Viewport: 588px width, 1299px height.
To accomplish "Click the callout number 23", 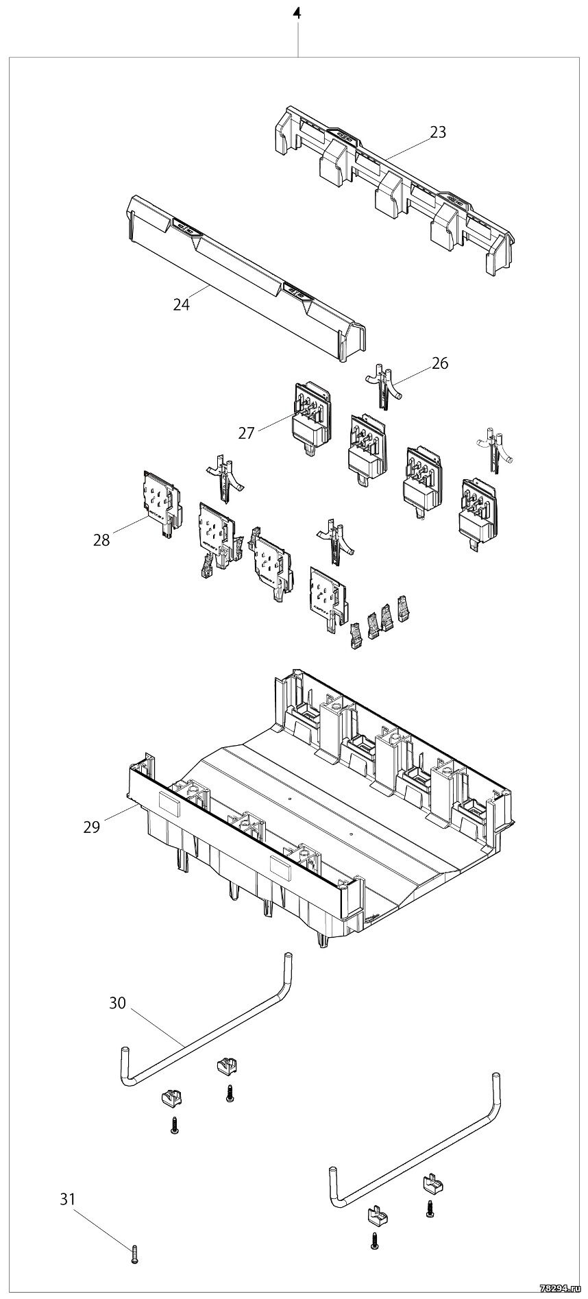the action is coord(438,132).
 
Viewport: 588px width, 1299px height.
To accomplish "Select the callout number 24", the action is coord(181,305).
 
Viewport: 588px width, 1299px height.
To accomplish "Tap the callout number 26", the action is coord(440,363).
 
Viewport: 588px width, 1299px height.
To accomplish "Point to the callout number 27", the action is coord(247,433).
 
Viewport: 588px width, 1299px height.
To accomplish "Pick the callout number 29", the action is coord(92,827).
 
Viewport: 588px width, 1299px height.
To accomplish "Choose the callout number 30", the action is coord(118,1003).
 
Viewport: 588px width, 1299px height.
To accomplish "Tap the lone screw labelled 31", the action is coord(134,1256).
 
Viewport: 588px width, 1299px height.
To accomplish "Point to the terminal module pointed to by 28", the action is coord(162,502).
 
